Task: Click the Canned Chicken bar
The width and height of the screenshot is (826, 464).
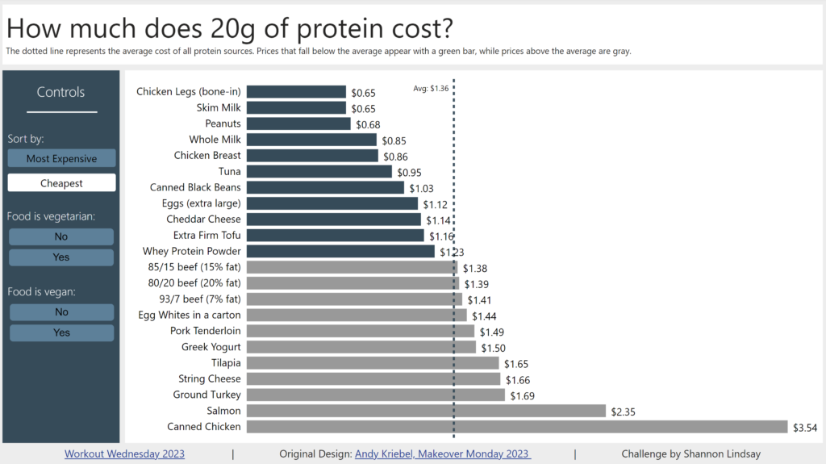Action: [x=516, y=427]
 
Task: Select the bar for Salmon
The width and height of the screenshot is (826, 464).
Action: [x=426, y=411]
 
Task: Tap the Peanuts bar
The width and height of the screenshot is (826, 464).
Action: [x=298, y=123]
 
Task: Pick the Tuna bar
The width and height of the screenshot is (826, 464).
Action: [x=319, y=172]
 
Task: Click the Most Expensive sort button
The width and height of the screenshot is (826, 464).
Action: [x=61, y=158]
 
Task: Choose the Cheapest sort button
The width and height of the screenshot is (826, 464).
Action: [x=61, y=183]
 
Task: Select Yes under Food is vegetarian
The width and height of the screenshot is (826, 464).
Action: [x=61, y=257]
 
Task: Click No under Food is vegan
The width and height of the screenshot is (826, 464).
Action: [x=61, y=312]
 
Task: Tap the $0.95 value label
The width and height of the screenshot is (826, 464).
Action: [x=409, y=173]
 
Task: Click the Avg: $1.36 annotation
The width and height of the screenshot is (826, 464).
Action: [x=431, y=89]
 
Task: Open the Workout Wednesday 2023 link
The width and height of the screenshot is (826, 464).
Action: [x=124, y=454]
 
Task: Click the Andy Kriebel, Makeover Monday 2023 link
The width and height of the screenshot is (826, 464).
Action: [x=443, y=454]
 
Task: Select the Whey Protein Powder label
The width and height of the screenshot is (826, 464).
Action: [x=191, y=252]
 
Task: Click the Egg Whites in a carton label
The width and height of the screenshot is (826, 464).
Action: [x=190, y=315]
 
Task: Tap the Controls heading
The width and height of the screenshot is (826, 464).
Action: [x=60, y=93]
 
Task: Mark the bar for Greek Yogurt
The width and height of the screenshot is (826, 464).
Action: [x=361, y=347]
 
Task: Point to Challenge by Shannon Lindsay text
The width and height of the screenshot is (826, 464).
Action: [x=690, y=454]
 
